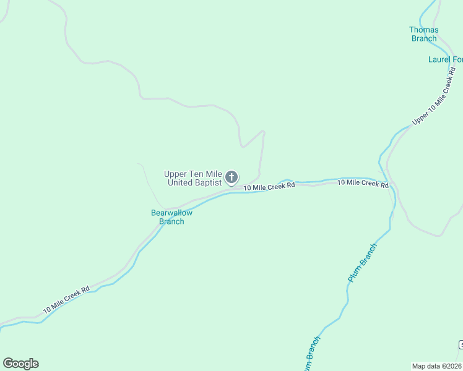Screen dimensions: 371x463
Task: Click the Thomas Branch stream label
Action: tap(424, 34)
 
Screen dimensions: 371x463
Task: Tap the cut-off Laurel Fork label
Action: tap(445, 60)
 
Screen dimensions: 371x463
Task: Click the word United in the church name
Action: tap(179, 183)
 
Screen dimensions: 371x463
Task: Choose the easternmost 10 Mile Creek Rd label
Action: tap(363, 183)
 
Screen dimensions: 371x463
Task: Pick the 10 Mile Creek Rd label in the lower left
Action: tap(67, 299)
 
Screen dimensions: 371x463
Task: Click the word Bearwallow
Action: tap(172, 213)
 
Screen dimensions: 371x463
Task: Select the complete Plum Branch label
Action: tap(361, 262)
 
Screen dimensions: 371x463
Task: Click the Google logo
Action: tap(20, 364)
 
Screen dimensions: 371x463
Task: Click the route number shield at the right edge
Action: tap(461, 344)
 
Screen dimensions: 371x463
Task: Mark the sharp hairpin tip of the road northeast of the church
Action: tap(264, 131)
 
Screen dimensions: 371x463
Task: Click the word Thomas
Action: tap(424, 30)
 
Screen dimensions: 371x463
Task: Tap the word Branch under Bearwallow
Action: tap(171, 221)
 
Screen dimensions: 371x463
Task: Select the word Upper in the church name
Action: tap(175, 174)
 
